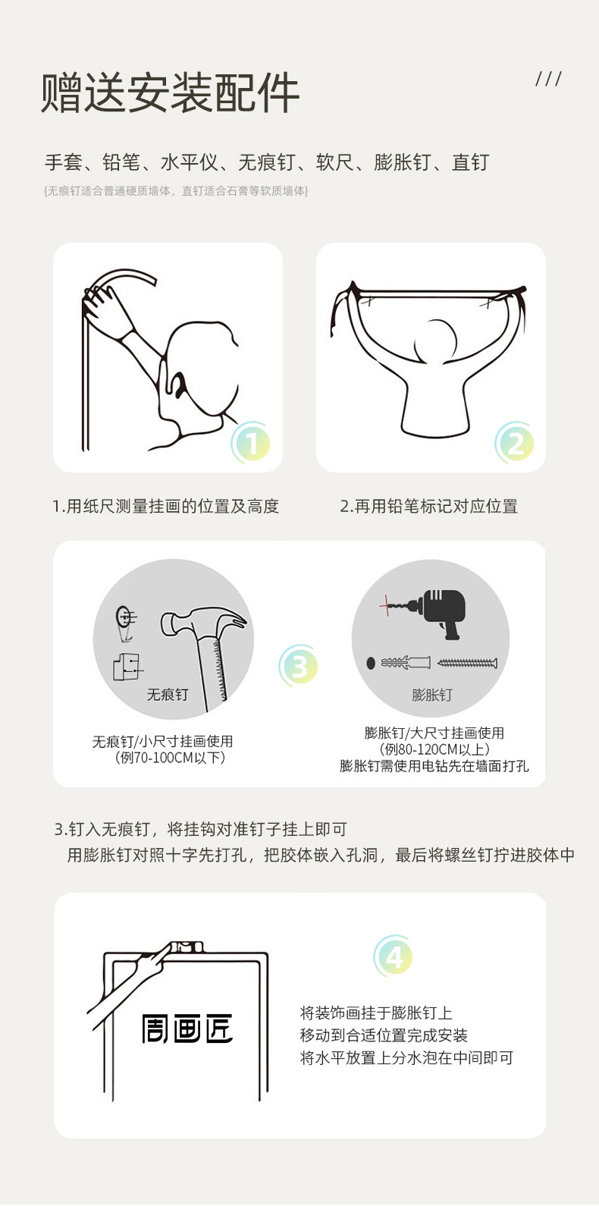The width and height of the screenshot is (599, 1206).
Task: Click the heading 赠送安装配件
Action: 170,93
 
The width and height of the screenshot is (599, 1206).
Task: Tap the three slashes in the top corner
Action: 548,79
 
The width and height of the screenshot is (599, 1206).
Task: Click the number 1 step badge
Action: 251,442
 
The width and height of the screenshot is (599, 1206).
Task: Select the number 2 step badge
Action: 515,442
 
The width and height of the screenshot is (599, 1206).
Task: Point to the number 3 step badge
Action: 299,665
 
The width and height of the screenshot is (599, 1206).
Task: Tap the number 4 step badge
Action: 394,956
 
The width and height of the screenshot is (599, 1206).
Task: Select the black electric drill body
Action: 442,613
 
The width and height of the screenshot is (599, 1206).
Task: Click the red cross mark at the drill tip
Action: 386,606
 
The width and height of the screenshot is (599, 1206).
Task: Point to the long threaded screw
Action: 467,663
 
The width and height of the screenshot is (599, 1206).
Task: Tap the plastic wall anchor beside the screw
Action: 406,662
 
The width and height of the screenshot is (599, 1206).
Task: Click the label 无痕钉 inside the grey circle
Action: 168,695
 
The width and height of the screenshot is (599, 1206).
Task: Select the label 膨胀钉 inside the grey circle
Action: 431,695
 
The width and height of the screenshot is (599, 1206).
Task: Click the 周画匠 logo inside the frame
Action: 187,1029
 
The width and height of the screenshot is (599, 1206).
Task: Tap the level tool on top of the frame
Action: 185,947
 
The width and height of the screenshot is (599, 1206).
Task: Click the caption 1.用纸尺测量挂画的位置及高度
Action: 165,506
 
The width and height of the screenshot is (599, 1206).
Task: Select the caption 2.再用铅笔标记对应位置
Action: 429,506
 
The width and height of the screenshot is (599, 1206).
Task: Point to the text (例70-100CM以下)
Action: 170,758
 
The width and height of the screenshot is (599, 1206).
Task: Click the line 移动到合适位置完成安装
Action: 384,1035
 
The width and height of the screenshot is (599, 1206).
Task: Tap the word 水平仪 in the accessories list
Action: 190,162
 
